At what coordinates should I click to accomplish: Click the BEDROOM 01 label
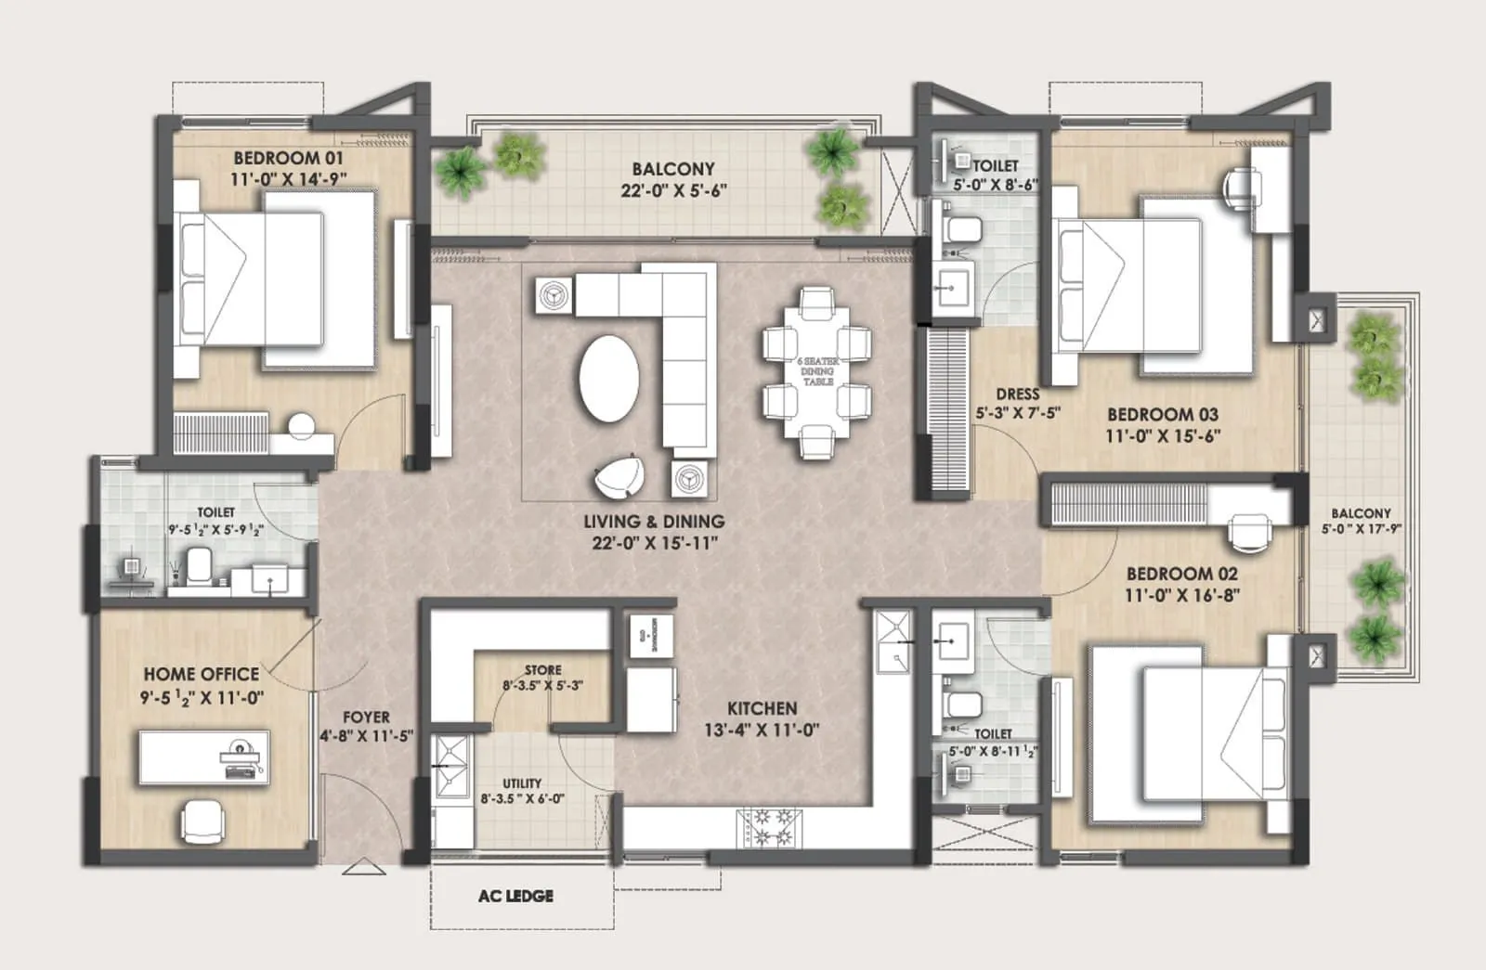[288, 158]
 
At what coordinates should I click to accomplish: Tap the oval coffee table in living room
[609, 378]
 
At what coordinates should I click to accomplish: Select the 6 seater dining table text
[817, 371]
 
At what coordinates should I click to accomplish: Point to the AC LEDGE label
[515, 896]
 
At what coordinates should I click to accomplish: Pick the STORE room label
[542, 670]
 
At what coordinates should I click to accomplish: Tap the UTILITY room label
[522, 783]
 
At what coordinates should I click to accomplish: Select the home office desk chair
[203, 821]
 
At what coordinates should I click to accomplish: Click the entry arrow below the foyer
[364, 869]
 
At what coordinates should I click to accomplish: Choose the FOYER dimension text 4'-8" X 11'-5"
[366, 736]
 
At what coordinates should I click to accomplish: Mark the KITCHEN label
[762, 708]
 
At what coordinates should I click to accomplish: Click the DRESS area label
[1017, 394]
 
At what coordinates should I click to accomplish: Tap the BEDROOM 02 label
[1181, 574]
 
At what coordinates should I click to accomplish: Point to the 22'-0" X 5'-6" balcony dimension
[673, 191]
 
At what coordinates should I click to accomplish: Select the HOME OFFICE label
[201, 674]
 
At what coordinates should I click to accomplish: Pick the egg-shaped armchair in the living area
[620, 476]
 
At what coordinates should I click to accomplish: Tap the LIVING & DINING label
[654, 522]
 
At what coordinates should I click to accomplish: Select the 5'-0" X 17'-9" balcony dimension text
[1361, 529]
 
